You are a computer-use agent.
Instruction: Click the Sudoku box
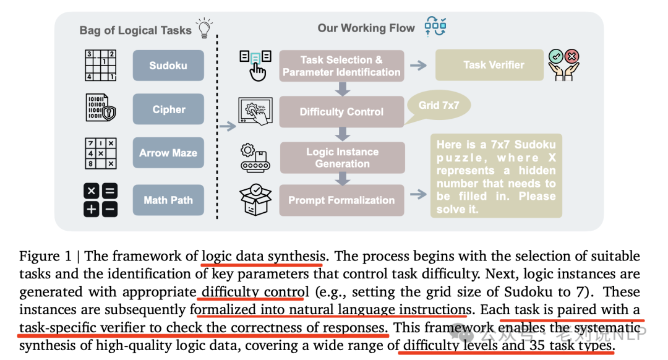pyautogui.click(x=168, y=65)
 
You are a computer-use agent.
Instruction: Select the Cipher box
pyautogui.click(x=168, y=109)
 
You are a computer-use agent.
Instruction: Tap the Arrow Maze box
pyautogui.click(x=168, y=153)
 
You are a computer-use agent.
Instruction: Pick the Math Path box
pyautogui.click(x=168, y=200)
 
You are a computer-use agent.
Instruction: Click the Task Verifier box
pyautogui.click(x=489, y=65)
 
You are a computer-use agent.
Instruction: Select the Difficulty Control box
pyautogui.click(x=341, y=111)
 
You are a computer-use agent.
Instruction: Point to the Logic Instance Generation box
pyautogui.click(x=343, y=158)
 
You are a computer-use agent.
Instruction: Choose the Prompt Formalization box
pyautogui.click(x=341, y=200)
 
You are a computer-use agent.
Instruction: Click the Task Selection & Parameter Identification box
pyautogui.click(x=341, y=66)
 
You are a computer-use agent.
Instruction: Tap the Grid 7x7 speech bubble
pyautogui.click(x=439, y=105)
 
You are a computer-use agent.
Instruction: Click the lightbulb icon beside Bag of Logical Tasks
pyautogui.click(x=205, y=28)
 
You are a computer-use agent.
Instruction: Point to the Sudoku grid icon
pyautogui.click(x=101, y=65)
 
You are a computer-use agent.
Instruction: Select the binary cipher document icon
pyautogui.click(x=101, y=108)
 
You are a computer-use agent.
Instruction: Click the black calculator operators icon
pyautogui.click(x=101, y=200)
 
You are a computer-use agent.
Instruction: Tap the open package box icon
pyautogui.click(x=255, y=199)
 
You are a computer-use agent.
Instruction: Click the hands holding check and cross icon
pyautogui.click(x=563, y=65)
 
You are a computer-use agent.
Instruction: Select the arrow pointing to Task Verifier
pyautogui.click(x=418, y=65)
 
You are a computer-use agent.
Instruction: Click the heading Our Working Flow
pyautogui.click(x=366, y=28)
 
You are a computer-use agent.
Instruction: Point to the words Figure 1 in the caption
pyautogui.click(x=45, y=256)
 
